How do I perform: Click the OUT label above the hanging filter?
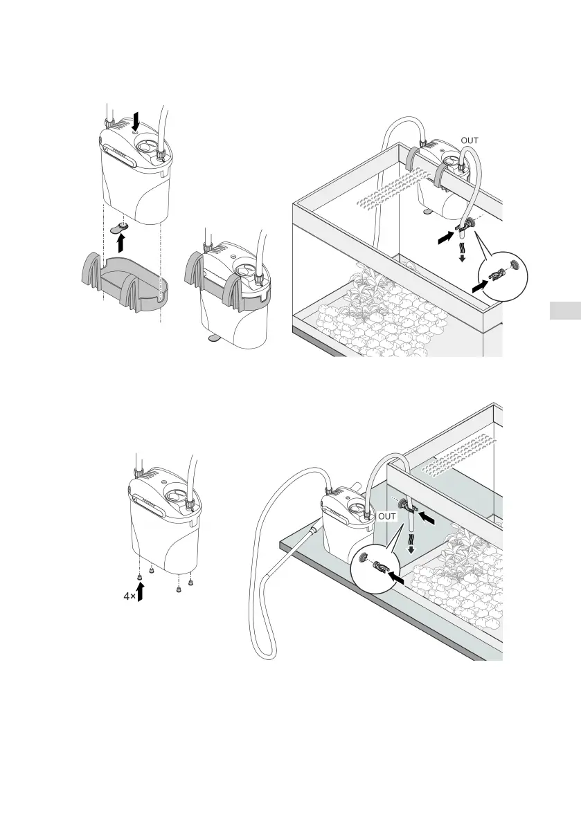pyautogui.click(x=469, y=140)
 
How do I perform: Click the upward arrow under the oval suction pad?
pyautogui.click(x=123, y=242)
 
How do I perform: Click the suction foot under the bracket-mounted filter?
pyautogui.click(x=211, y=338)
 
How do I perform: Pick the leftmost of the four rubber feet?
pyautogui.click(x=139, y=576)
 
